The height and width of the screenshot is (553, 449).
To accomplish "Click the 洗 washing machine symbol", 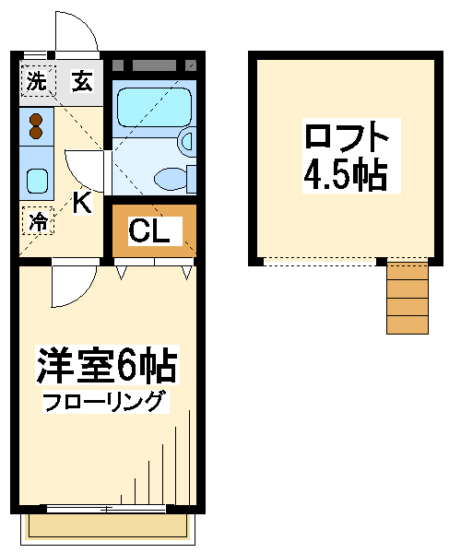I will pos(36,81).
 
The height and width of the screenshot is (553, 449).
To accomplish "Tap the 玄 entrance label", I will pos(82,81).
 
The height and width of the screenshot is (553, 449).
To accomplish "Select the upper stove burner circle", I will pos(37,118).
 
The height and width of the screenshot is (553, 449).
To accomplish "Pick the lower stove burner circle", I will pos(37,134).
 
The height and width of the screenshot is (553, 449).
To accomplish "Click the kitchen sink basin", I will pos(37,180).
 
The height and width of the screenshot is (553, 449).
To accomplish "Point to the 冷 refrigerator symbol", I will pos(37,221).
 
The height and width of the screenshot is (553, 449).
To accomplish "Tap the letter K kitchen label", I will pos(81,204).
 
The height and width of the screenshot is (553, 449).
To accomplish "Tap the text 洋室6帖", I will pos(106,365).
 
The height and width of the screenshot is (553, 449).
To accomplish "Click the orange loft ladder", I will pos(407,298).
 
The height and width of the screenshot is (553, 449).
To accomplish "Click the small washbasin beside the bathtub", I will pos(186,140).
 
